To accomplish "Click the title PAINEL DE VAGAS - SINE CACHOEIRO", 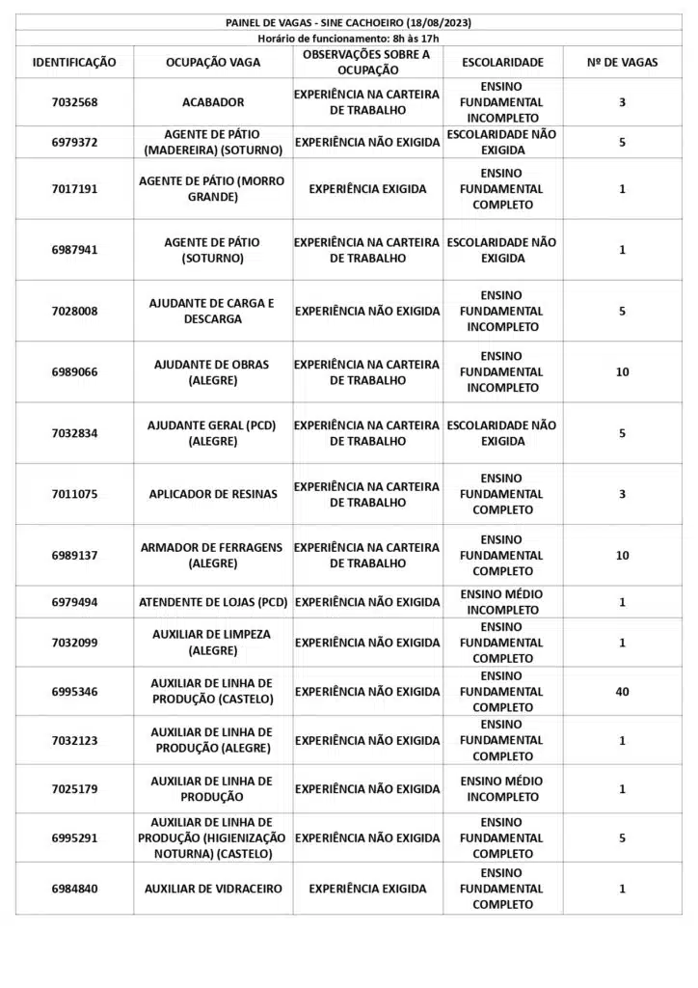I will [x=348, y=22].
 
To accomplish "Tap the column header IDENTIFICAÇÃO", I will [x=74, y=62].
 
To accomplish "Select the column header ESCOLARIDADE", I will [x=502, y=62].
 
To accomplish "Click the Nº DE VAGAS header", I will [x=622, y=62].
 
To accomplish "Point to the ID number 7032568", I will [x=74, y=102].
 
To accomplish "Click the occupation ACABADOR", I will [x=213, y=102].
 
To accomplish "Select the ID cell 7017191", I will [x=74, y=189].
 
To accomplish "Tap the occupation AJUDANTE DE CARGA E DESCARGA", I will [x=213, y=311].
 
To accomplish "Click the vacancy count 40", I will [x=622, y=692].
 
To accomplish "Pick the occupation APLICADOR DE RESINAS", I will [x=213, y=494].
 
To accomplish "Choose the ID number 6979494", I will [x=74, y=602].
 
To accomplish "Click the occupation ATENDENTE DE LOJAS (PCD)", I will [x=213, y=602].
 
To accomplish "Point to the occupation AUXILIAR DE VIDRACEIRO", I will [x=213, y=889].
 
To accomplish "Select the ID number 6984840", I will [x=74, y=889].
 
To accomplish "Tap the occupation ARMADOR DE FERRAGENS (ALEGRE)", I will [x=213, y=555].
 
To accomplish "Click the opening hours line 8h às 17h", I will [x=348, y=38].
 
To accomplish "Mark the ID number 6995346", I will [x=74, y=692].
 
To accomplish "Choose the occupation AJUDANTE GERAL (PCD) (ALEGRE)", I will [x=213, y=433].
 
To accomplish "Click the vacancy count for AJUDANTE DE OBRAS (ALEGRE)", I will [x=622, y=371].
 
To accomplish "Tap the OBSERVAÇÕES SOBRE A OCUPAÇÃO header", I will [x=366, y=62].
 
